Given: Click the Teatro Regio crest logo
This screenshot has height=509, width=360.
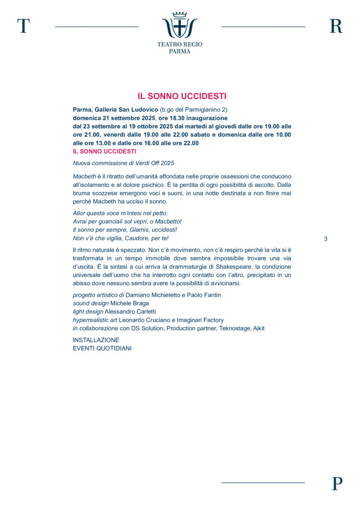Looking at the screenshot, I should (x=180, y=25).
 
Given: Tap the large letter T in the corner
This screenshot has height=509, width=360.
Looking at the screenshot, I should (x=23, y=26).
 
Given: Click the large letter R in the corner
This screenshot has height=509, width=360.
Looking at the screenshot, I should (x=336, y=26).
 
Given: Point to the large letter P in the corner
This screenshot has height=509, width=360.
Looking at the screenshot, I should (x=337, y=483).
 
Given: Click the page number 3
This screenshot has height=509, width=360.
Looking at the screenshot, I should (x=326, y=239).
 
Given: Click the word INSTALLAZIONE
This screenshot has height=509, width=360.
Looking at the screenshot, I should (x=96, y=340).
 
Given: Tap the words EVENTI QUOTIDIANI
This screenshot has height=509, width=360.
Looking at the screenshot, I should (x=102, y=348).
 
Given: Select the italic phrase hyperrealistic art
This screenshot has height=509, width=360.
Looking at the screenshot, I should (x=95, y=320).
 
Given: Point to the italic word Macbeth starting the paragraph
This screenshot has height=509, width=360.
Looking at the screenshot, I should (x=84, y=176).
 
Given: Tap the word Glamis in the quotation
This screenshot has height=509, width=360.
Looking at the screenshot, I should (x=138, y=230).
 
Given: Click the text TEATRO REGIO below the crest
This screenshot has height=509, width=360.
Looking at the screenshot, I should (x=180, y=44).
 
